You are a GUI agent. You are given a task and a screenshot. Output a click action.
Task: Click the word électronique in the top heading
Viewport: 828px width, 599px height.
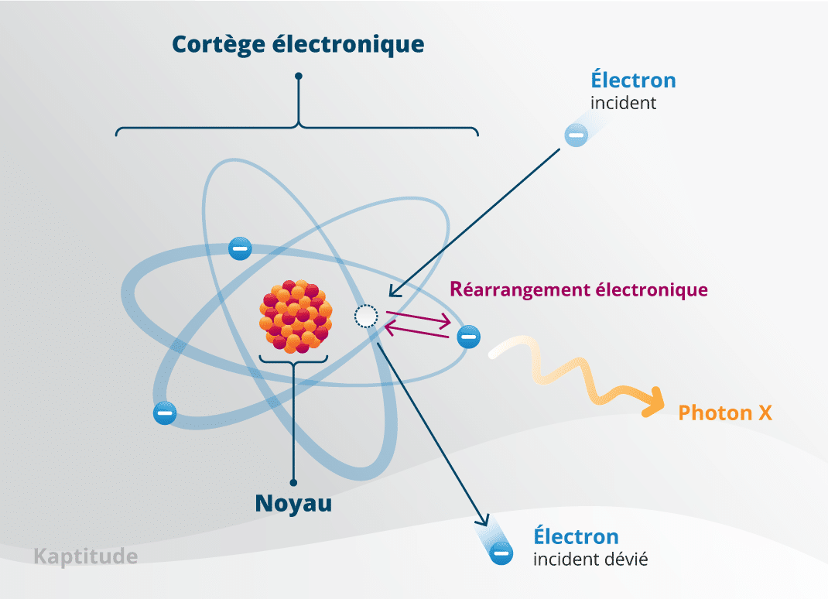(x=348, y=44)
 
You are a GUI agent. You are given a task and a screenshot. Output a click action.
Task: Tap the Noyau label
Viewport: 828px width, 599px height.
(x=293, y=503)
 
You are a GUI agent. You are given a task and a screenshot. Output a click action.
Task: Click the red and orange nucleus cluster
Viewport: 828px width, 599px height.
(x=296, y=317)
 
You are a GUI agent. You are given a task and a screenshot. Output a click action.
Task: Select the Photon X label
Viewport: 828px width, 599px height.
(x=725, y=412)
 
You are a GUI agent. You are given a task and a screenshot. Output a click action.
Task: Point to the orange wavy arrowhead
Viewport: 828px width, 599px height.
(x=654, y=402)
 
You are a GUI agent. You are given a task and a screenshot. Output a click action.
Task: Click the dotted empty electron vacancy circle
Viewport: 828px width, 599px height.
(x=366, y=317)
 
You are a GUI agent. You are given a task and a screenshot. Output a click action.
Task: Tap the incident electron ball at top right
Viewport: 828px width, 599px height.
(x=576, y=135)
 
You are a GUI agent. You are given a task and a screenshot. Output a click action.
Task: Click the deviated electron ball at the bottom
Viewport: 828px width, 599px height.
(x=501, y=553)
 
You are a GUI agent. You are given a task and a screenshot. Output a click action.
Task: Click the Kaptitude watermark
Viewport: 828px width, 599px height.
(x=86, y=557)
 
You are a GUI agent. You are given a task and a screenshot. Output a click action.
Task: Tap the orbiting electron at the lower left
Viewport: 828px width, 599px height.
(x=165, y=412)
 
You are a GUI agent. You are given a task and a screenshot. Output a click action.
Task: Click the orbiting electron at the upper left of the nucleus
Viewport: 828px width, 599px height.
(x=240, y=248)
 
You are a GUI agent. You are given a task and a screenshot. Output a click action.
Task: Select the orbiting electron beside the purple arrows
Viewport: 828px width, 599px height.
(x=468, y=337)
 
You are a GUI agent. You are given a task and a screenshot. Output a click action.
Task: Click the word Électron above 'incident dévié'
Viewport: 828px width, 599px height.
(x=576, y=536)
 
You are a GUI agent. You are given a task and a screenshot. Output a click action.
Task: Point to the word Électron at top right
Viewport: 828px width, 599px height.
(x=633, y=79)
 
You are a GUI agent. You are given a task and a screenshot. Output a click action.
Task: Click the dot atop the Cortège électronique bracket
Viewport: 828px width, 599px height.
(x=299, y=76)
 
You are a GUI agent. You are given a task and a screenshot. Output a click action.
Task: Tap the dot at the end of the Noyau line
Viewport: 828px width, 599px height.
(x=293, y=482)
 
